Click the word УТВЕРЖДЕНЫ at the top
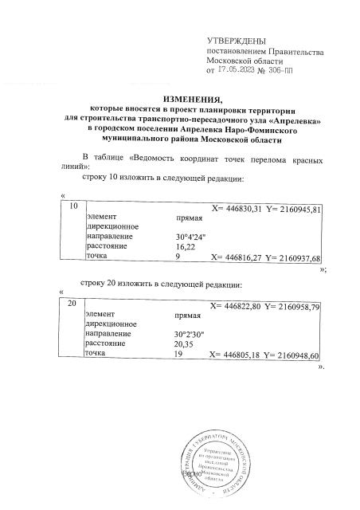pyautogui.click(x=236, y=41)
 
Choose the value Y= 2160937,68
pyautogui.click(x=292, y=258)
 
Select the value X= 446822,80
pyautogui.click(x=236, y=307)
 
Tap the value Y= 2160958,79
pyautogui.click(x=292, y=307)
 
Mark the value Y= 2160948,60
pyautogui.click(x=292, y=355)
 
